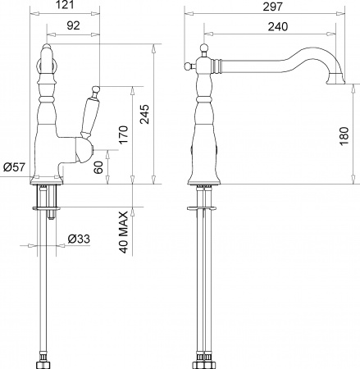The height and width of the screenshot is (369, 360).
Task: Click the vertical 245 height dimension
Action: coord(144,113)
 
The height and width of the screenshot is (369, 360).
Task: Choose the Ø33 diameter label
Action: coord(78,239)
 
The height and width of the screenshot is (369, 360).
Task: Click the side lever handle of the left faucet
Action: coord(89,115)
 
